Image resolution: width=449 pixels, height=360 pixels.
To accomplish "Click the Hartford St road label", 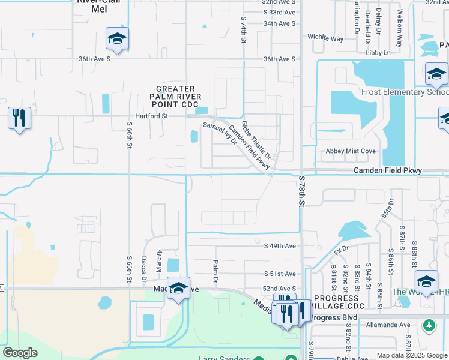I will click(x=151, y=115).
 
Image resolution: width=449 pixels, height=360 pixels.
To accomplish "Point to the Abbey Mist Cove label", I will click(x=350, y=151).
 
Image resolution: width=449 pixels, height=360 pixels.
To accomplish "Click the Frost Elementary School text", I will click(x=404, y=92).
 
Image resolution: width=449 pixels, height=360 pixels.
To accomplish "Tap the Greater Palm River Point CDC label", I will click(x=176, y=97).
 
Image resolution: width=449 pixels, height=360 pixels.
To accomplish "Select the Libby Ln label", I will click(x=378, y=53).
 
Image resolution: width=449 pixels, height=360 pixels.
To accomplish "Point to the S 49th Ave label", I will click(x=280, y=246).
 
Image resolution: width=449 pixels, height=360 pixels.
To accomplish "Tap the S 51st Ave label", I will click(x=280, y=274).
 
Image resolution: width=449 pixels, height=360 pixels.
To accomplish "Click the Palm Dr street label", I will click(x=214, y=272).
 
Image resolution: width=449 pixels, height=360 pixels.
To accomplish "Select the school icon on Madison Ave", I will click(x=178, y=289).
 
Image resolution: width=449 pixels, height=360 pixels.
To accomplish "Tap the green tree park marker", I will click(x=428, y=325).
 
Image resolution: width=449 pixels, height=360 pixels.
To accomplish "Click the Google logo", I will click(x=20, y=353).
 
